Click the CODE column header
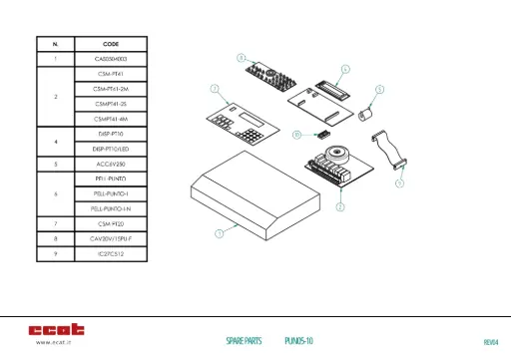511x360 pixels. tap(111, 45)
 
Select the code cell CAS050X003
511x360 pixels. tap(111, 59)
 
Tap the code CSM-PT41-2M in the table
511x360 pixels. tap(111, 89)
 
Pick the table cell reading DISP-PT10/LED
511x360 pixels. tap(111, 148)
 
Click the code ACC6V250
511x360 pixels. tap(111, 163)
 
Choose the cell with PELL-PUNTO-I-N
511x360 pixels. tap(111, 208)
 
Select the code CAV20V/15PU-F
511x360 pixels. tap(111, 239)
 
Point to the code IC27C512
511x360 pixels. tap(111, 254)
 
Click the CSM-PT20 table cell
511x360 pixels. tap(111, 224)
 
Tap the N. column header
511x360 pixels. tap(55, 45)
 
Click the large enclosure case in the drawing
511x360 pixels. tap(255, 189)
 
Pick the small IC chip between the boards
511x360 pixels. tap(320, 133)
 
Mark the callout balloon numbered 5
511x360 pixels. tap(379, 88)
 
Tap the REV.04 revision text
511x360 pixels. tap(489, 341)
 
